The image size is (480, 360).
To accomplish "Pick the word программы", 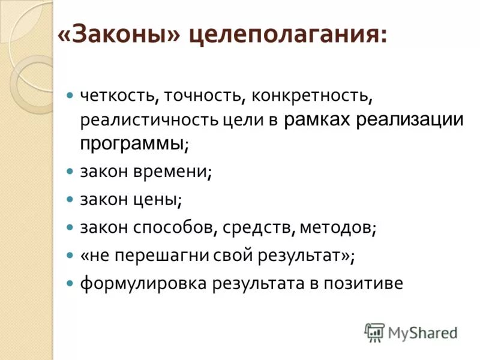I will click(133, 143).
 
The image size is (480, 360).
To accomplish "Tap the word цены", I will click(159, 199).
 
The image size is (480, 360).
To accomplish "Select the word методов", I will click(341, 227).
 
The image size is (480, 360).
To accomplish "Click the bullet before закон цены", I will click(70, 198).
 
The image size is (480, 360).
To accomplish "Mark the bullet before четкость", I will click(70, 95).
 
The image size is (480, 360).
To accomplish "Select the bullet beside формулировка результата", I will click(70, 281).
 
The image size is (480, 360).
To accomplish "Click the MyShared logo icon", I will click(374, 332).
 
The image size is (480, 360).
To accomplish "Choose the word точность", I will click(203, 95).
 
